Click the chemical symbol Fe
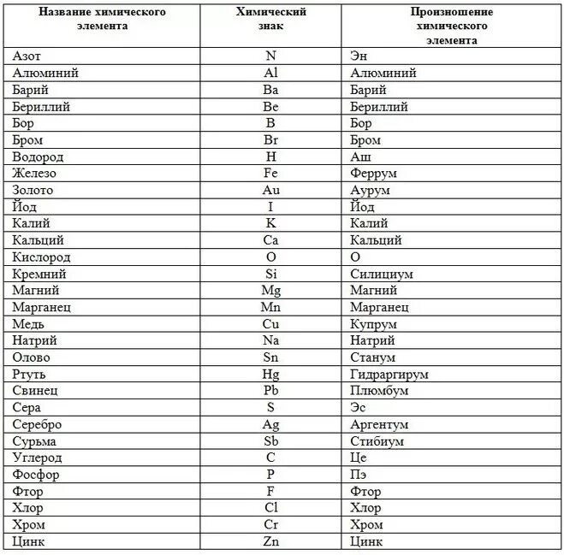pyautogui.click(x=270, y=174)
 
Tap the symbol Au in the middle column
pyautogui.click(x=270, y=191)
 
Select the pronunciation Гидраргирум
pyautogui.click(x=389, y=375)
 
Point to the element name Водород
pyautogui.click(x=39, y=157)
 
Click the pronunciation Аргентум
pyautogui.click(x=379, y=424)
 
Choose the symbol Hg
pyautogui.click(x=270, y=375)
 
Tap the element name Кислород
pyautogui.click(x=42, y=257)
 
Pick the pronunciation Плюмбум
pyautogui.click(x=379, y=391)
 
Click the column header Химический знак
pyautogui.click(x=270, y=20)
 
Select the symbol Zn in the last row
pyautogui.click(x=270, y=541)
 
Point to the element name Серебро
pyautogui.click(x=38, y=424)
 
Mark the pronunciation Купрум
pyautogui.click(x=373, y=324)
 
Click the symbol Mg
pyautogui.click(x=270, y=291)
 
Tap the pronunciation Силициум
pyautogui.click(x=382, y=275)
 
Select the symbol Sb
pyautogui.click(x=270, y=441)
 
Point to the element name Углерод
pyautogui.click(x=38, y=458)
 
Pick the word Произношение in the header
pyautogui.click(x=452, y=13)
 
